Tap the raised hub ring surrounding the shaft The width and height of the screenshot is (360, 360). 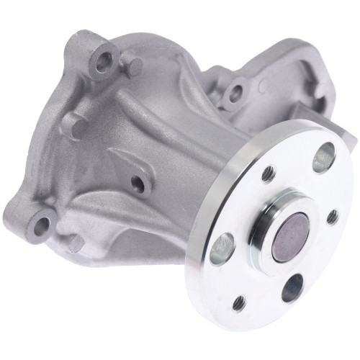(x=269, y=215)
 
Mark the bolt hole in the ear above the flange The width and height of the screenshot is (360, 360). (x=233, y=91)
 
